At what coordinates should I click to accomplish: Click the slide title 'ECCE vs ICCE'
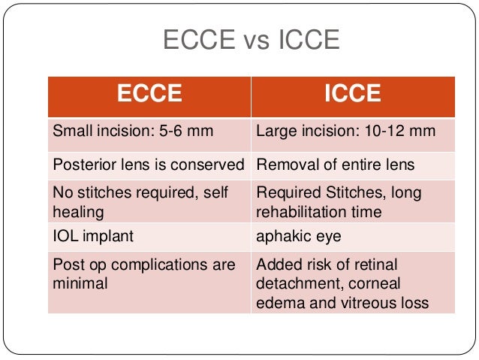tap(252, 40)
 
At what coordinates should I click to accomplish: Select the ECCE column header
tap(149, 94)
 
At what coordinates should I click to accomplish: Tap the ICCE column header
tap(352, 94)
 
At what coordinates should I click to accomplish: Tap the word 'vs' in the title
tap(252, 40)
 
